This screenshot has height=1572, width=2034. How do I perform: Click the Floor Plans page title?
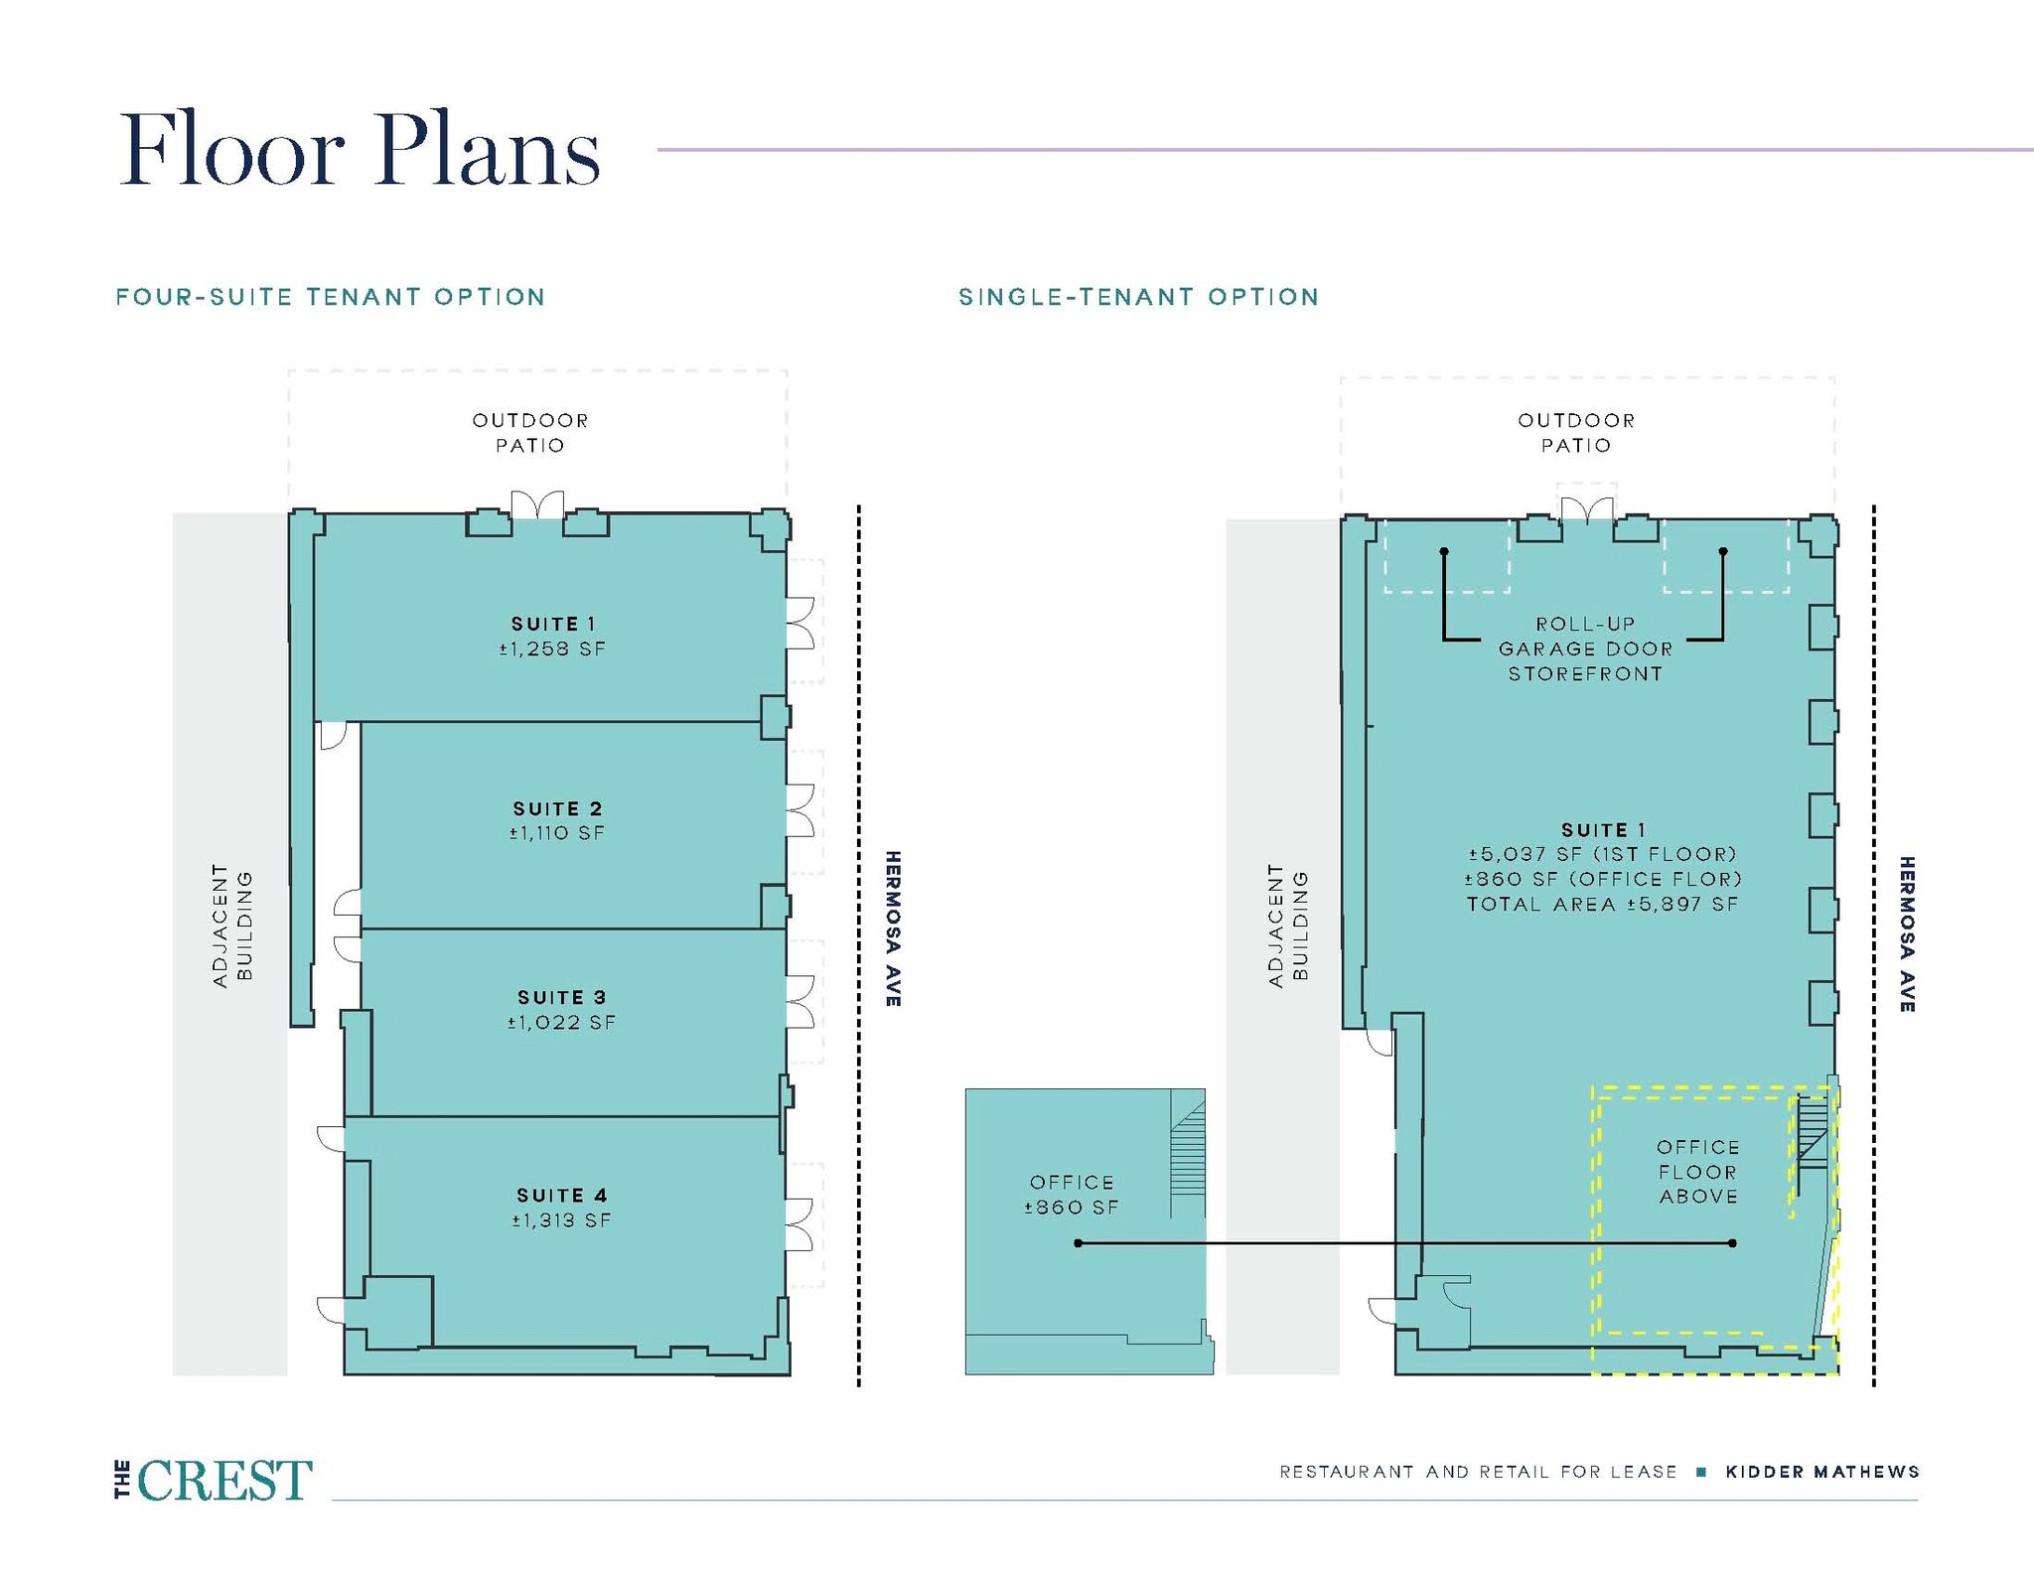[x=360, y=150]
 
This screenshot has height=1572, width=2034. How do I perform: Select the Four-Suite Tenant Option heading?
[x=331, y=297]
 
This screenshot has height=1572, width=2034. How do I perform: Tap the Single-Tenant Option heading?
[x=1139, y=297]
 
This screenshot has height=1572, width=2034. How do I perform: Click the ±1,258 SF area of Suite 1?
[x=552, y=649]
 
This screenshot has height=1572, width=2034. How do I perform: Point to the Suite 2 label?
[x=557, y=808]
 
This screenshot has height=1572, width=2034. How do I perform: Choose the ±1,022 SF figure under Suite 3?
[x=561, y=1022]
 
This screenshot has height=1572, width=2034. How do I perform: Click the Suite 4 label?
[x=561, y=1195]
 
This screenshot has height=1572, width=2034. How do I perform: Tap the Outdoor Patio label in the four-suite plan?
[x=530, y=433]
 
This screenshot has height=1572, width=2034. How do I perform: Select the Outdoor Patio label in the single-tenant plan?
[x=1576, y=433]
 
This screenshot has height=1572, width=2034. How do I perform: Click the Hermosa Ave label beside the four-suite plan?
[x=893, y=929]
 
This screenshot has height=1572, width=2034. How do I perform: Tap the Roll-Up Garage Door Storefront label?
[x=1585, y=648]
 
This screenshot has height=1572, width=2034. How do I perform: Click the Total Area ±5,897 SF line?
[x=1603, y=904]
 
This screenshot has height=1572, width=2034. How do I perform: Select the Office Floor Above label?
[x=1698, y=1172]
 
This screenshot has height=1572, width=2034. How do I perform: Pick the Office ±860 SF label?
[x=1072, y=1195]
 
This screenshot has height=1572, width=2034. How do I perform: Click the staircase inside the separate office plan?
[x=1187, y=1154]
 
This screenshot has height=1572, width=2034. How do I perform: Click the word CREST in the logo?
[x=225, y=1481]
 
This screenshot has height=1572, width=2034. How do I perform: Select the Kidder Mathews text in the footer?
[x=1822, y=1472]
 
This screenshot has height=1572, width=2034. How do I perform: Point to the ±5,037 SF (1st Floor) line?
[x=1603, y=854]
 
